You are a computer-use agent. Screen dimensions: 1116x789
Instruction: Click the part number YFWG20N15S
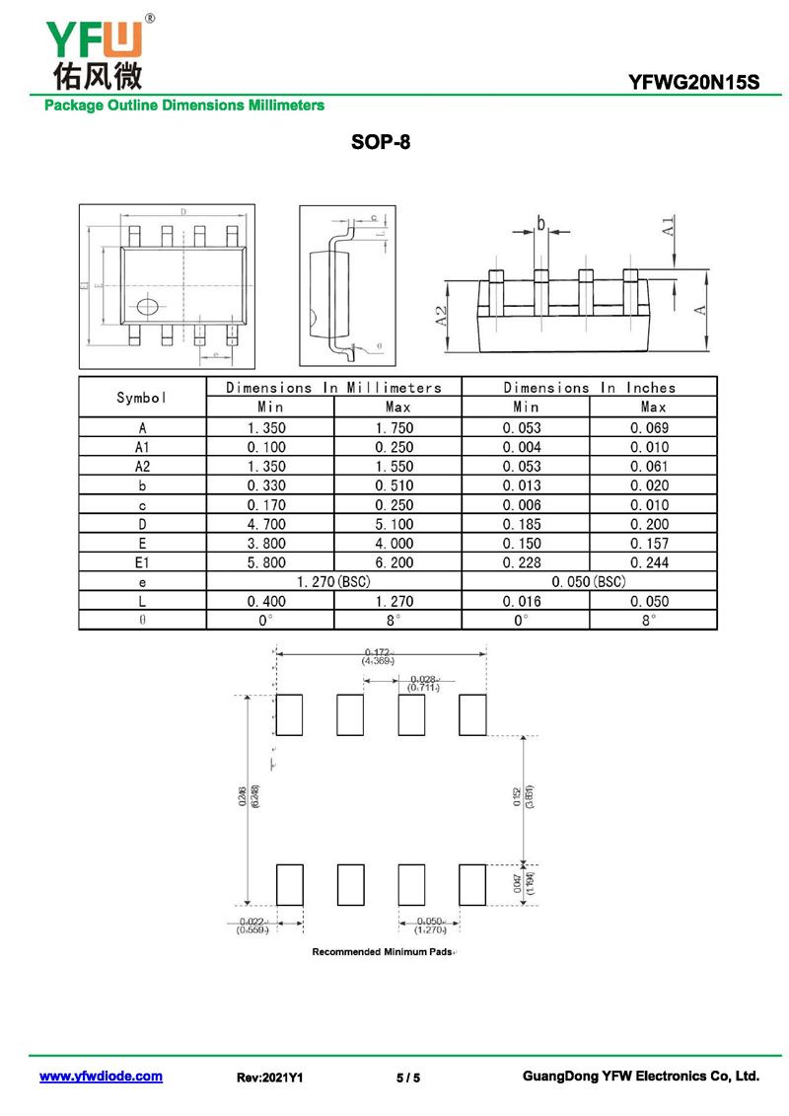coord(694,83)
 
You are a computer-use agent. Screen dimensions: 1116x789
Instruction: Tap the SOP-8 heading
coord(381,142)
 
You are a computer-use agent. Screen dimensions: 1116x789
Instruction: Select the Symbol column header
coord(142,398)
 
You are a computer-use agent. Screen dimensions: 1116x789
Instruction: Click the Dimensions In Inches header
coord(589,388)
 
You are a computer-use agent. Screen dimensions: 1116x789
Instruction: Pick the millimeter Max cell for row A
coord(395,427)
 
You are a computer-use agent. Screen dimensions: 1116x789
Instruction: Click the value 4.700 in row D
coord(270,524)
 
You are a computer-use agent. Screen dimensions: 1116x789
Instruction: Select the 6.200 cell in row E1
coord(395,562)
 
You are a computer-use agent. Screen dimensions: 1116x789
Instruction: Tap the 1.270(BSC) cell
coord(333,582)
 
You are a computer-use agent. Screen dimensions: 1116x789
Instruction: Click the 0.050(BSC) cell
coord(589,582)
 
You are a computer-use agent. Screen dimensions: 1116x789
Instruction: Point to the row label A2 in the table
coord(142,466)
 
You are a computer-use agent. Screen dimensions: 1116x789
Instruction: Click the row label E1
coord(142,562)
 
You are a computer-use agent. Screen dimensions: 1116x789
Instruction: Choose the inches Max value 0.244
coord(653,562)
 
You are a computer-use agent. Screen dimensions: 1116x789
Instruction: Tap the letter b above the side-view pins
coord(540,224)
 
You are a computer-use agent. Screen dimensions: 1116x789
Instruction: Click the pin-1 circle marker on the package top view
coord(147,306)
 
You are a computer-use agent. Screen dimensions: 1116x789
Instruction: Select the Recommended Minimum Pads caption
coord(384,952)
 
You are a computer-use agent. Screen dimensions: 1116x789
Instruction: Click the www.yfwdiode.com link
coord(101,1077)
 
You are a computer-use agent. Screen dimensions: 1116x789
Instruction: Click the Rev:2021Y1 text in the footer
coord(269,1078)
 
